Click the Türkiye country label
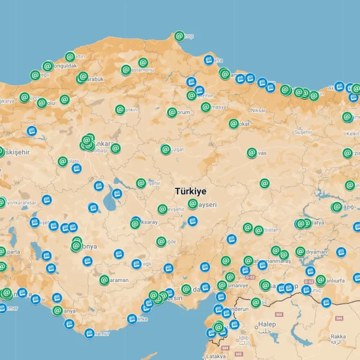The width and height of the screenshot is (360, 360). tap(190, 191)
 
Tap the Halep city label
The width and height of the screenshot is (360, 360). tap(267, 325)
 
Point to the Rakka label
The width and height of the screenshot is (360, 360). tap(338, 337)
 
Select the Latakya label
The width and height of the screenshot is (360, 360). tap(215, 356)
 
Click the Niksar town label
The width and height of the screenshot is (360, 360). tap(258, 110)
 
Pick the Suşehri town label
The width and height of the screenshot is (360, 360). tap(303, 131)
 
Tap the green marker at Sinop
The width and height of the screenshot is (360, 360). tap(179, 36)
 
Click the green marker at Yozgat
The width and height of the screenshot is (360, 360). tap(166, 149)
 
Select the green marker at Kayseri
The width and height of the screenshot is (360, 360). tap(193, 204)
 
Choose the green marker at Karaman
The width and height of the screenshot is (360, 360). tap(104, 280)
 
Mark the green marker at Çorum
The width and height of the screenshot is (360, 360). tap(172, 112)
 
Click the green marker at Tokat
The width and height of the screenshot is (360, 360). tap(233, 124)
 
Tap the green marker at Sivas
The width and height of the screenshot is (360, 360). tap(252, 153)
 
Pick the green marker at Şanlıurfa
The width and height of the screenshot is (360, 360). tap(320, 280)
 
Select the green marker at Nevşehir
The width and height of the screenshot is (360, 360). tap(162, 209)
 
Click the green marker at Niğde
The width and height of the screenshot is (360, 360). tap(161, 241)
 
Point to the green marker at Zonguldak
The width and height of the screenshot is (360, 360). tap(47, 66)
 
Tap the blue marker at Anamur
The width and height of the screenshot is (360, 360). tap(89, 333)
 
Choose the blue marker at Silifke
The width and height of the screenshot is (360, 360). tap(132, 319)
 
